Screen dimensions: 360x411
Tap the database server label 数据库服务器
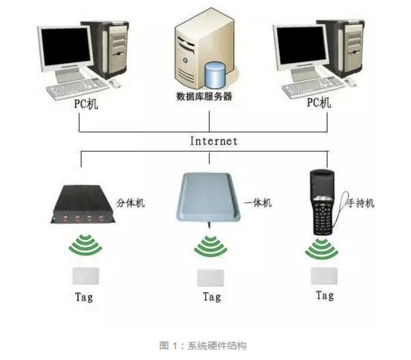coord(204,96)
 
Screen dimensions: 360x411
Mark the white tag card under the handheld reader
coord(324,275)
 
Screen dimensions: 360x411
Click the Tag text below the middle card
coord(211,297)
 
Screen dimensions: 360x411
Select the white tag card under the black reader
coord(85,276)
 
